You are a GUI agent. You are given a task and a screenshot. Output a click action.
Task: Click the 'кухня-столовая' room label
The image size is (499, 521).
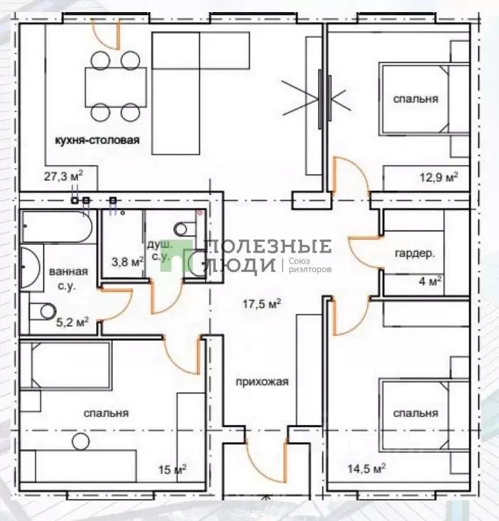click(x=97, y=140)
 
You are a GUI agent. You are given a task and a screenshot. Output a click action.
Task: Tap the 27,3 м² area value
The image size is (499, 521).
click(x=63, y=176)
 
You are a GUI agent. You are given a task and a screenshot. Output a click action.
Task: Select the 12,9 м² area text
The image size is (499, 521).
click(x=439, y=177)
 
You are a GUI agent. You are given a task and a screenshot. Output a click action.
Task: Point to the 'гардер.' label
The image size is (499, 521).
click(x=414, y=254)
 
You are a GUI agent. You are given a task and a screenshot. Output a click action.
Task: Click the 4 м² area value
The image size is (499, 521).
click(x=430, y=281)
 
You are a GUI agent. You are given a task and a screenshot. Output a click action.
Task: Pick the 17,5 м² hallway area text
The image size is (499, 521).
click(x=262, y=303)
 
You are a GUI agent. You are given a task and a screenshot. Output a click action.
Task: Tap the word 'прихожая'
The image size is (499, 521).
click(x=262, y=382)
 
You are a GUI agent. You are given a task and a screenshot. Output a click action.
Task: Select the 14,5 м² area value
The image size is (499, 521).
click(x=367, y=469)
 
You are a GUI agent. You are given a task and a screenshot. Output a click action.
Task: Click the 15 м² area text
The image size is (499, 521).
click(x=172, y=470)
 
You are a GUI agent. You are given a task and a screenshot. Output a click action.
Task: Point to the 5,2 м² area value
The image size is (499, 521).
click(x=72, y=322)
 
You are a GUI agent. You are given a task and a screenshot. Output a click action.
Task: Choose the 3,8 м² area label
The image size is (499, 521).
click(x=127, y=262)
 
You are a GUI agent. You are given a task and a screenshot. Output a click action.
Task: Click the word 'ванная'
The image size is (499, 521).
click(x=68, y=272)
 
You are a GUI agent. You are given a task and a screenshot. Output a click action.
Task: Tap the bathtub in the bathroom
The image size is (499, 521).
click(x=57, y=226)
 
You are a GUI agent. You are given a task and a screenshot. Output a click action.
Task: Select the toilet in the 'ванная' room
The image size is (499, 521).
click(x=43, y=311)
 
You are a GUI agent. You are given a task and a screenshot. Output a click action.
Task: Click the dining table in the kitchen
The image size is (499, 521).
click(x=116, y=87)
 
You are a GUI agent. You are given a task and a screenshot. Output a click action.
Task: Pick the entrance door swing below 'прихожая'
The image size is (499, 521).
click(x=266, y=461)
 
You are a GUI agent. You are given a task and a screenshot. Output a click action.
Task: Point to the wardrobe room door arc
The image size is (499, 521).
click(x=364, y=252)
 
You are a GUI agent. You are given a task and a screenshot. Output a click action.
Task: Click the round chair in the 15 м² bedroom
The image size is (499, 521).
click(x=80, y=441)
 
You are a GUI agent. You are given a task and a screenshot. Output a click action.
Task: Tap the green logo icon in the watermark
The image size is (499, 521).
click(x=177, y=256)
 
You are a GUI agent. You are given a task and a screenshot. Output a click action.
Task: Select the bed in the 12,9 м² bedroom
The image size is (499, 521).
click(x=424, y=99)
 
